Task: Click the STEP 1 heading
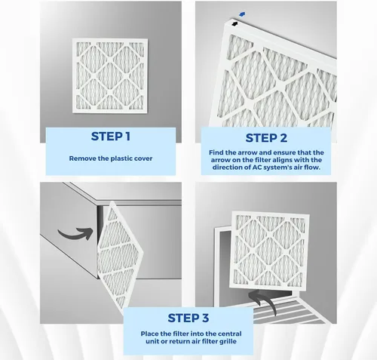click(x=111, y=137)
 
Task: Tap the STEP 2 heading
click(x=266, y=138)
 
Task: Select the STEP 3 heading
click(x=188, y=318)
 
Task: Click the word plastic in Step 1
click(x=121, y=158)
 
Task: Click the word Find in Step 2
click(x=216, y=152)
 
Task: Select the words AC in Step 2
click(x=256, y=167)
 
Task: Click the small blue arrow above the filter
click(x=242, y=14)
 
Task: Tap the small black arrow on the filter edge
click(x=234, y=24)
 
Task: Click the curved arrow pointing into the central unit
click(x=75, y=234)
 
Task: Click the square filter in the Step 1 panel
click(x=110, y=75)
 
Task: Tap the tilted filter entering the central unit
click(x=119, y=257)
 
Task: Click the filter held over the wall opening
click(x=269, y=251)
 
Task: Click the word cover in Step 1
click(x=143, y=158)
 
